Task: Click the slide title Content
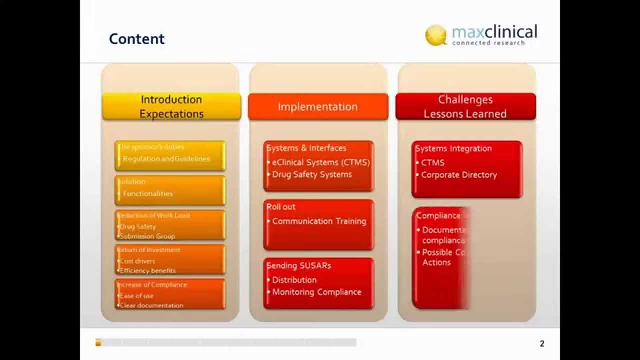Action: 136,39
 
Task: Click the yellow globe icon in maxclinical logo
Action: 435,35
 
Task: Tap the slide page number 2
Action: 542,343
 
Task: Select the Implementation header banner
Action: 318,106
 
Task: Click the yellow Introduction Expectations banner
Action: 171,106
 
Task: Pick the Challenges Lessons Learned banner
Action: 465,106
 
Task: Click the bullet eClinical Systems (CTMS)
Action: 320,162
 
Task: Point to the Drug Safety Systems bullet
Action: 312,174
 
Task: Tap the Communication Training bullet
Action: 319,221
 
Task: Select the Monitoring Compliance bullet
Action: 316,292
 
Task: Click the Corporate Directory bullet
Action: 458,175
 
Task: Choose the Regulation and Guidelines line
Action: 166,159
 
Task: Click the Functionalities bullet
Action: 148,193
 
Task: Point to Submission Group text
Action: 147,236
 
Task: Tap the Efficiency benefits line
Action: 148,270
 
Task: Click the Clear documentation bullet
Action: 151,305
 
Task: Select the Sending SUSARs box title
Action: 299,266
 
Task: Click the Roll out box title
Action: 281,207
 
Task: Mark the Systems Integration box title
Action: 453,148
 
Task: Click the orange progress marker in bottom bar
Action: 98,342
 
